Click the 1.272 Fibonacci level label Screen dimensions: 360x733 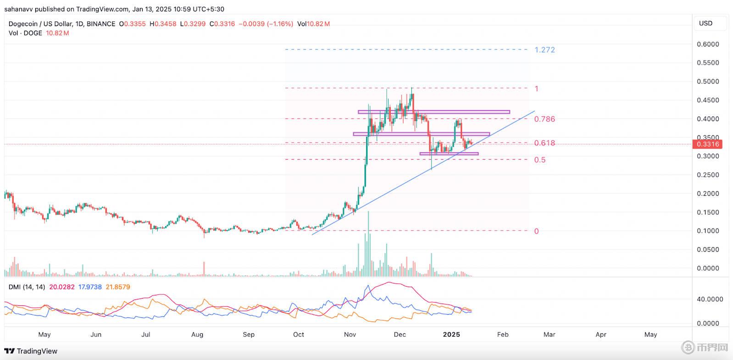click(x=544, y=50)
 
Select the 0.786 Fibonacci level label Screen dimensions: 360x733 click(x=544, y=119)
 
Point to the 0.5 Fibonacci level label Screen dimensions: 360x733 click(x=540, y=160)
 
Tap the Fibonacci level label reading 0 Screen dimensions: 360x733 click(x=536, y=231)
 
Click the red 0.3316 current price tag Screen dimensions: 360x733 click(x=708, y=144)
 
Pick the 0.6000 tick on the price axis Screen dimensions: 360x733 click(x=708, y=44)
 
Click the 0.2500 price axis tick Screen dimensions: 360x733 click(x=708, y=175)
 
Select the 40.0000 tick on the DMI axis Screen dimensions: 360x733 click(x=710, y=299)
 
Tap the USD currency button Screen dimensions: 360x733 click(x=705, y=23)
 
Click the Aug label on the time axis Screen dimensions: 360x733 click(x=197, y=334)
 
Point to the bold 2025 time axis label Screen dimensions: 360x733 click(x=451, y=334)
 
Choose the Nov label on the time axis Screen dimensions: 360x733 click(x=350, y=334)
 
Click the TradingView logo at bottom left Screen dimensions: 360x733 click(x=31, y=351)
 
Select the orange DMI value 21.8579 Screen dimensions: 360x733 click(x=118, y=287)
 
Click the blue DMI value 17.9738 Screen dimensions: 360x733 click(x=90, y=287)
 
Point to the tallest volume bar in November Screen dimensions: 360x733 click(x=368, y=243)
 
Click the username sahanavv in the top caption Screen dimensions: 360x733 click(x=20, y=9)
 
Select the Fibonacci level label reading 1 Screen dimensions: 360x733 click(x=536, y=89)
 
